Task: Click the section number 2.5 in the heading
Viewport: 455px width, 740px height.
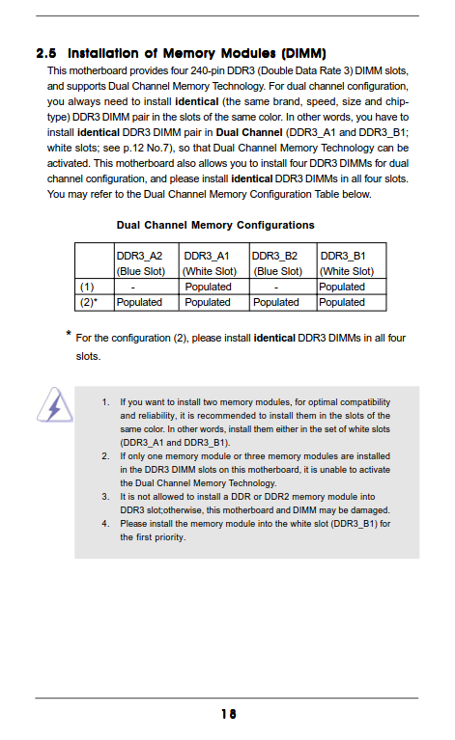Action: (x=46, y=53)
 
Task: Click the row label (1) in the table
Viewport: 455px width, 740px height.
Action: (x=87, y=287)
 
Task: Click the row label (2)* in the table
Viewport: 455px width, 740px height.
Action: (x=88, y=302)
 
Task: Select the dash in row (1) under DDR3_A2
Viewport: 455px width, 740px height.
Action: (x=133, y=288)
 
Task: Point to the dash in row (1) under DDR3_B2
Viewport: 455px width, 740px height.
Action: (x=276, y=288)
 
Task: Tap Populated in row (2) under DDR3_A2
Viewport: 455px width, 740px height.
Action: (x=139, y=302)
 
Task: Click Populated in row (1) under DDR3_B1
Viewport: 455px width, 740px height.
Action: (x=342, y=287)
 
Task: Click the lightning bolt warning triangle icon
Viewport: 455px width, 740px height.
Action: (x=55, y=405)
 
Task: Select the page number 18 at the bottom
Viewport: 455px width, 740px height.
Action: (x=229, y=714)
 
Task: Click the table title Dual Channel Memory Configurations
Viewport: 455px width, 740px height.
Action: (x=215, y=225)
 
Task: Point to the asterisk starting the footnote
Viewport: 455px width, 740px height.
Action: (x=69, y=334)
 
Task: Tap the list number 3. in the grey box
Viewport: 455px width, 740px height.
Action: (x=106, y=497)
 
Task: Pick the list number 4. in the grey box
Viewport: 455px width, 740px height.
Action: (x=106, y=523)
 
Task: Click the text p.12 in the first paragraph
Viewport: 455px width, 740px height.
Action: (x=133, y=149)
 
